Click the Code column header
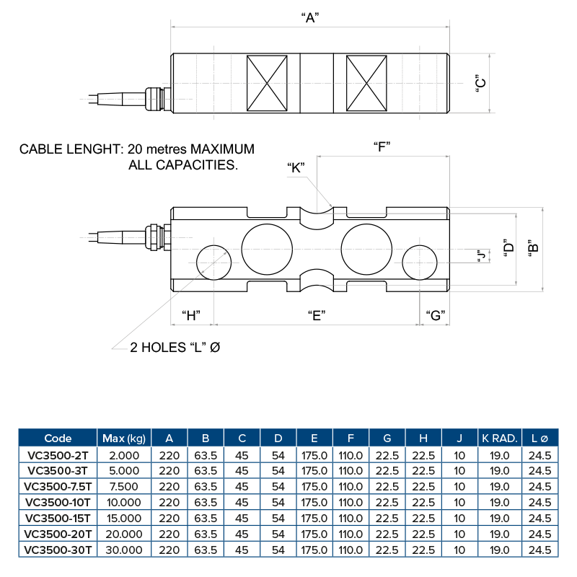(x=58, y=438)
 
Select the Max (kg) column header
(x=124, y=438)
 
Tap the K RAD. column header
(x=499, y=438)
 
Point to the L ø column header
(x=539, y=438)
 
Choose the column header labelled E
(x=314, y=438)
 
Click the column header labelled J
(x=459, y=438)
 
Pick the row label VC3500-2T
(x=58, y=454)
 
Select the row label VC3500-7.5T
(x=58, y=486)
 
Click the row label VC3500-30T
(x=58, y=550)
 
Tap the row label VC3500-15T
(x=58, y=518)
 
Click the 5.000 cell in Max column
(x=124, y=470)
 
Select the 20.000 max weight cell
(x=124, y=534)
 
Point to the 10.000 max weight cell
(x=124, y=502)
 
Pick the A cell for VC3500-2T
(x=169, y=454)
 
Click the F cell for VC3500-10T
(x=351, y=502)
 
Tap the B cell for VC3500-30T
(x=206, y=550)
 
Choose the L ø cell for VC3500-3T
(x=539, y=470)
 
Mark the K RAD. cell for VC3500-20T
(x=499, y=534)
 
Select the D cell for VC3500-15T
(x=278, y=518)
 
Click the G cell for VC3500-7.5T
(x=387, y=486)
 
